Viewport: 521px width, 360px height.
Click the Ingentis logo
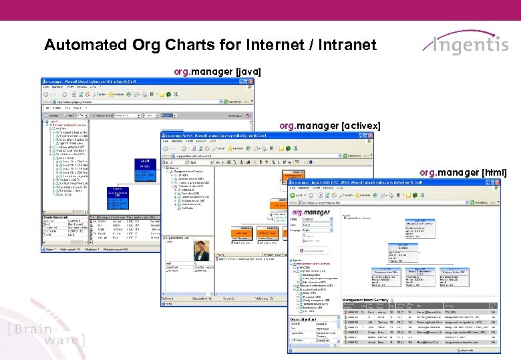[x=466, y=45]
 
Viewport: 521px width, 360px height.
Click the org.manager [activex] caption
[x=330, y=125]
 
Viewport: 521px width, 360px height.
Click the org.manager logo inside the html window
[x=311, y=212]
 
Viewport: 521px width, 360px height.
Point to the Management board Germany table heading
[x=365, y=301]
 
